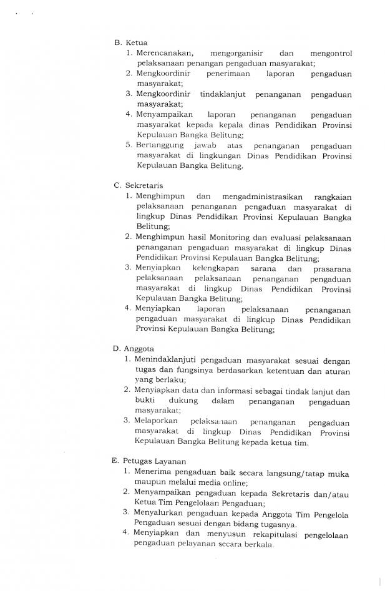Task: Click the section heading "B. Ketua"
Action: pyautogui.click(x=130, y=42)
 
